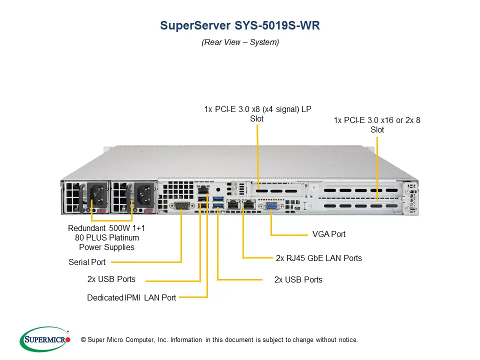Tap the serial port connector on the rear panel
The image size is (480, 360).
coord(181,206)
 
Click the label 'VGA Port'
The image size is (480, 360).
coord(328,234)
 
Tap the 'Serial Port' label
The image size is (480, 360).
coord(87,262)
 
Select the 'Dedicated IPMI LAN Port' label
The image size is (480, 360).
coord(131,297)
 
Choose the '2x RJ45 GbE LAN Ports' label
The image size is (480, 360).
coord(318,258)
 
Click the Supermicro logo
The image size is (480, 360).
coord(44,339)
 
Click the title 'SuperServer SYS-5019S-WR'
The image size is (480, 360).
coord(239,26)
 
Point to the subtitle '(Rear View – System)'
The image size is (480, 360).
coord(240,42)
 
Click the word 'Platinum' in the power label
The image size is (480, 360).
coord(121,237)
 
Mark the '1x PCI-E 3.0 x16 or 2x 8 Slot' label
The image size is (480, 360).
coord(377,125)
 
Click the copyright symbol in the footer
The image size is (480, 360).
coord(83,340)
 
